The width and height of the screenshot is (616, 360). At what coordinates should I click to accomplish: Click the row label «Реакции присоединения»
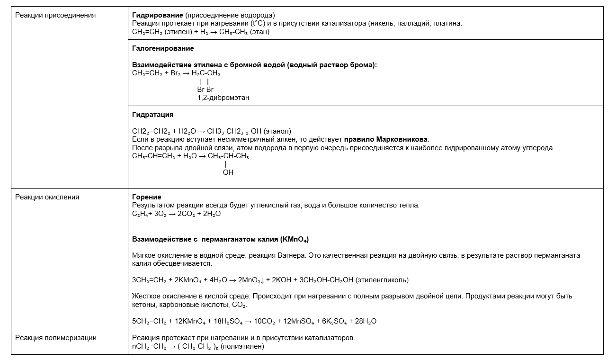pos(55,15)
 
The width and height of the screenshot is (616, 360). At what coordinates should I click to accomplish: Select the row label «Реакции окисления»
pos(47,197)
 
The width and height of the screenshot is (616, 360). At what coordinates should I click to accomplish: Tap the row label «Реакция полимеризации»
pos(56,338)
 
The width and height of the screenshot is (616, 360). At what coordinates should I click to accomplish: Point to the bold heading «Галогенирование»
pos(163,48)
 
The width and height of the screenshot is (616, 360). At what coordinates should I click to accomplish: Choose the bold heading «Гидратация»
pos(152,115)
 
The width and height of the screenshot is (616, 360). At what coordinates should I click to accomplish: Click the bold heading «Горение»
pos(146,197)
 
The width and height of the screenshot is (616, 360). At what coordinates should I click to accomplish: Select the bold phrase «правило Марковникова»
pos(386,139)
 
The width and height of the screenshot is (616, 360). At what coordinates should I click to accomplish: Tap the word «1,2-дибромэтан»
pos(223,98)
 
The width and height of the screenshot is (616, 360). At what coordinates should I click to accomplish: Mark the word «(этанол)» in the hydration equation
pos(277,131)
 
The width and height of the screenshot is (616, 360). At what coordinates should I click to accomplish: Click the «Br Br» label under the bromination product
pos(205,90)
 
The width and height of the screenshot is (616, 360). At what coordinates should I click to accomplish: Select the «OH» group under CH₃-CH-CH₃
pos(228,172)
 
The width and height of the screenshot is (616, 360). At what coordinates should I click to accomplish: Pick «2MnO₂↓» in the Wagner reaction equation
pos(250,280)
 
